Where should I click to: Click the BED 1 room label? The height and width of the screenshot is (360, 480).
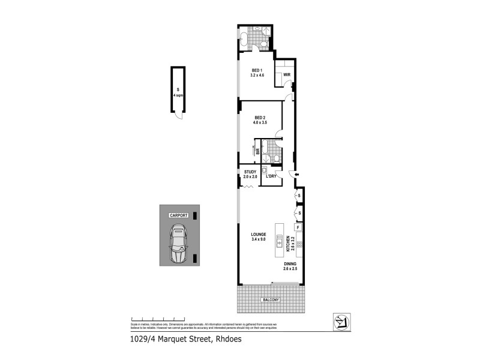[x=257, y=70]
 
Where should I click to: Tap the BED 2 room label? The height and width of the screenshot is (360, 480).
[x=260, y=118]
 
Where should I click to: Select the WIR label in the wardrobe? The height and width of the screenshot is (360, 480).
[x=287, y=75]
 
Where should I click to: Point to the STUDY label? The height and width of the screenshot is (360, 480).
[x=250, y=172]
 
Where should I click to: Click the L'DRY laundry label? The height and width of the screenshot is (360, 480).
[x=271, y=176]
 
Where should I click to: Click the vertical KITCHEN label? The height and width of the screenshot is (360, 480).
[x=288, y=244]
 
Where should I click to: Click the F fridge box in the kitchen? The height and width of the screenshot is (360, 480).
[x=298, y=227]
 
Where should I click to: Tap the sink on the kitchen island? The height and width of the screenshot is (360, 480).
[x=280, y=241]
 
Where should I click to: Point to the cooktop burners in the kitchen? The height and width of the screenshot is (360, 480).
[x=298, y=245]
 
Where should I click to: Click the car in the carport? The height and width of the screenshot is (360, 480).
[x=179, y=244]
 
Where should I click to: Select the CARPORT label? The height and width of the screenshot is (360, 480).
[x=179, y=215]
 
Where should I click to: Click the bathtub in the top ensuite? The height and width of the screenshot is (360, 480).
[x=244, y=40]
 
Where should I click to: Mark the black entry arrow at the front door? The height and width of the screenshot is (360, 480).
[x=290, y=175]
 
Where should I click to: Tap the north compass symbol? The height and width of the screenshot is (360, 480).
[x=341, y=322]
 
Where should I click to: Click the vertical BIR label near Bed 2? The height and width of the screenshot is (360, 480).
[x=257, y=152]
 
